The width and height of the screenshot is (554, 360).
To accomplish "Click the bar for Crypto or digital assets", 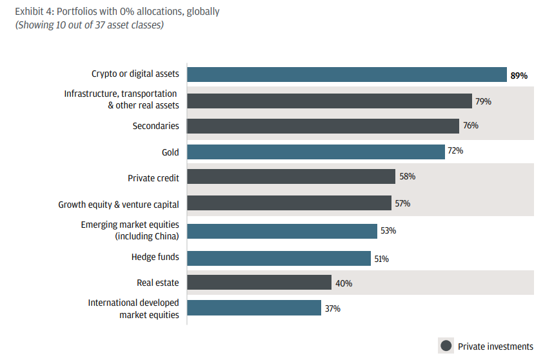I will [x=347, y=75].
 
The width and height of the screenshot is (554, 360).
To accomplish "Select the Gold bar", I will [x=316, y=152].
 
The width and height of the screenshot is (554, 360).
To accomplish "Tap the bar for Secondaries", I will [x=323, y=126].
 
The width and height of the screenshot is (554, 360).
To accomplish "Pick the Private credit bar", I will [x=291, y=177].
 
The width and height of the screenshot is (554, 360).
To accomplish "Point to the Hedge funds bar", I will [x=279, y=258].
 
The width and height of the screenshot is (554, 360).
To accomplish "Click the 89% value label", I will [x=519, y=75].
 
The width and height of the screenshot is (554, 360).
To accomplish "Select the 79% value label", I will [x=484, y=101].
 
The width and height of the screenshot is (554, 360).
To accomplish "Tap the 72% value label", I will [x=455, y=151].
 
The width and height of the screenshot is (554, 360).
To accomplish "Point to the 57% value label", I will [x=402, y=204].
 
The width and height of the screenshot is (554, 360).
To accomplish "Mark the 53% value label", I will [x=388, y=230].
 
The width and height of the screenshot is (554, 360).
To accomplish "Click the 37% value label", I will [x=333, y=308].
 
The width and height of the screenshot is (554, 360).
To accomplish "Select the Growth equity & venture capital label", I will [x=119, y=205].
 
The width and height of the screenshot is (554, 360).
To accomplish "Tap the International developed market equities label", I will [x=134, y=308].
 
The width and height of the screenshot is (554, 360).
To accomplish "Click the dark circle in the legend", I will [x=446, y=346].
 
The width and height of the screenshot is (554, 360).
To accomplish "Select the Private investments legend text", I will [x=495, y=346].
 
